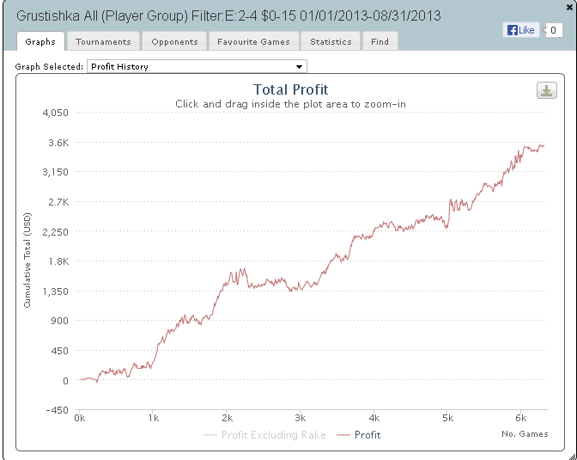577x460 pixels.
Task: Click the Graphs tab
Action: tap(40, 41)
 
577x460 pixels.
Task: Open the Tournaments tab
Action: tap(103, 41)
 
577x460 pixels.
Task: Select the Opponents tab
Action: tap(174, 41)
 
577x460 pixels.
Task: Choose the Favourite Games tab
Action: tap(253, 41)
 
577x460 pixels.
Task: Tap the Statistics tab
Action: tap(331, 41)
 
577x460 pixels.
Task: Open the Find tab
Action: tap(380, 41)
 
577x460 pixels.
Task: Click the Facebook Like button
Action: tap(520, 30)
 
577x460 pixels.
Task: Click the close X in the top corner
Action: tap(569, 6)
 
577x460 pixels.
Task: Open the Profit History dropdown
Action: tap(197, 66)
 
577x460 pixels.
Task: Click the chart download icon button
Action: tap(546, 91)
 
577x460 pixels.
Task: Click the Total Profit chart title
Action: tap(290, 89)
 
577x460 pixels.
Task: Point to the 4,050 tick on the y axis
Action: tap(53, 113)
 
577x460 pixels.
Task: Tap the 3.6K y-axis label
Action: tap(58, 143)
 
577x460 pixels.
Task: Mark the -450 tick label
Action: tap(58, 410)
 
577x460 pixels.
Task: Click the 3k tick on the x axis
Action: tap(300, 418)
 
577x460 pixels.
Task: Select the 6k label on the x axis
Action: tap(520, 418)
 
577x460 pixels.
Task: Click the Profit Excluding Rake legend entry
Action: tap(265, 435)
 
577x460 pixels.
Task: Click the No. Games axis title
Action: tap(525, 434)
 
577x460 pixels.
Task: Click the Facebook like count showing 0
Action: tap(555, 30)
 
